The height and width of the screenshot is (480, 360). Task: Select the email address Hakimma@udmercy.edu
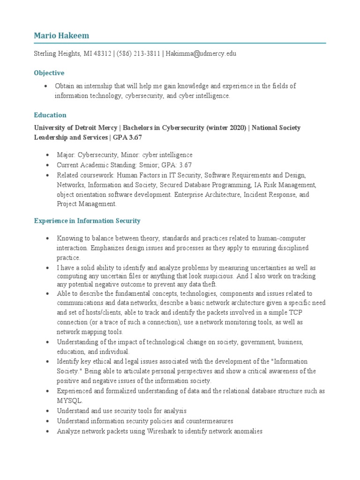(x=201, y=53)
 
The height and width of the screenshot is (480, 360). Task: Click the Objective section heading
(x=49, y=73)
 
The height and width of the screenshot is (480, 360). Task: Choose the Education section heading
(x=50, y=115)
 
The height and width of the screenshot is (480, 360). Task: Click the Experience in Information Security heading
(x=87, y=220)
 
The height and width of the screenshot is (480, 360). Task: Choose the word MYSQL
(x=69, y=401)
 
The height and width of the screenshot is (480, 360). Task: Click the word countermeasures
(x=207, y=421)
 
